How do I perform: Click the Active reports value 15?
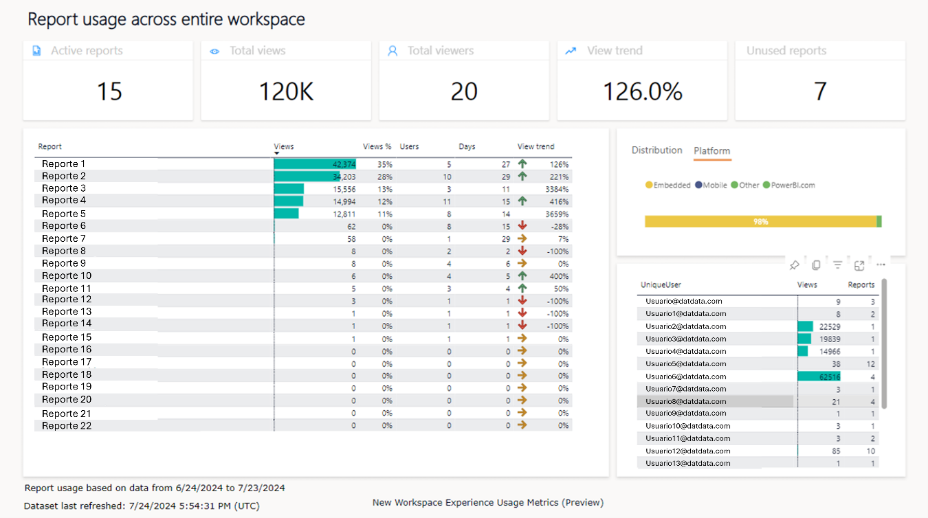tap(109, 91)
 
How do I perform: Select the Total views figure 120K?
tap(286, 91)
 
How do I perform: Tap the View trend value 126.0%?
tap(642, 91)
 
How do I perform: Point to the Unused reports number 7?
tap(819, 91)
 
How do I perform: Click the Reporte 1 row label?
tap(63, 164)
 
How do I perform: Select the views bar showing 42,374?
tap(315, 164)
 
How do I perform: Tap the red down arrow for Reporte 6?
tap(522, 226)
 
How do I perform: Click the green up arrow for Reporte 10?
tap(522, 276)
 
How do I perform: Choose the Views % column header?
tap(377, 146)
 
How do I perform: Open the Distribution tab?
tap(656, 150)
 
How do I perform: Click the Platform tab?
tap(711, 151)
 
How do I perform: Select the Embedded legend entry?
tap(667, 185)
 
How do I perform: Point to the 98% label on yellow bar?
tap(760, 222)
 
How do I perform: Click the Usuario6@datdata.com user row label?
tap(685, 376)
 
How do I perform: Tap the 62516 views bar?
tap(819, 376)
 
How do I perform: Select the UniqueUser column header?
tap(661, 284)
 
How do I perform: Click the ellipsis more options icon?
tap(881, 265)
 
